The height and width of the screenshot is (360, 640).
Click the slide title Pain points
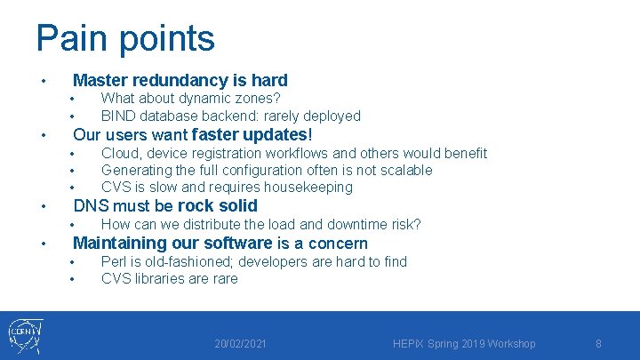pyautogui.click(x=125, y=38)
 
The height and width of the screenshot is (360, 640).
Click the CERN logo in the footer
pyautogui.click(x=26, y=336)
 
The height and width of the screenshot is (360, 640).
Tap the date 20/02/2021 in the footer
pyautogui.click(x=241, y=344)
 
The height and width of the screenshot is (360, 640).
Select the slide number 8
pyautogui.click(x=598, y=344)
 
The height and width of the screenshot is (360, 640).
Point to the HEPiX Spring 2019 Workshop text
pyautogui.click(x=463, y=344)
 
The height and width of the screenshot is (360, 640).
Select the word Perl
pyautogui.click(x=114, y=261)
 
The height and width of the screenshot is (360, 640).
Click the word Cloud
pyautogui.click(x=121, y=153)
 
